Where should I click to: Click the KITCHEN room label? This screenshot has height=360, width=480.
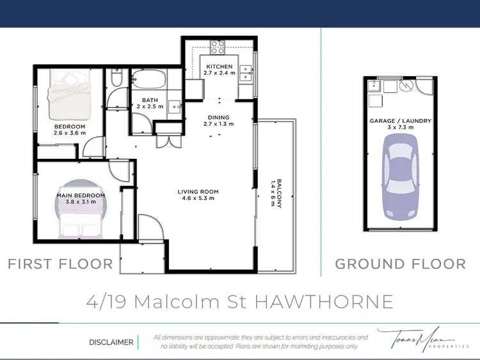pyautogui.click(x=219, y=66)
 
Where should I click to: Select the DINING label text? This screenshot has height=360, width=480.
pyautogui.click(x=218, y=117)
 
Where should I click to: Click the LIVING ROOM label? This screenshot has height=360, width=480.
pyautogui.click(x=198, y=192)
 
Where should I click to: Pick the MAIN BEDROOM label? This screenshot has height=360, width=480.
pyautogui.click(x=80, y=195)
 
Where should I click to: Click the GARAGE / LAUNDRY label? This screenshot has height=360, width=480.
pyautogui.click(x=401, y=120)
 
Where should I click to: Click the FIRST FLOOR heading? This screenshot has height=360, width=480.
pyautogui.click(x=60, y=263)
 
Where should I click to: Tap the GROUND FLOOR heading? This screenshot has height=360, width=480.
pyautogui.click(x=401, y=263)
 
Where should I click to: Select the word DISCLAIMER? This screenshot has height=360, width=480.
pyautogui.click(x=111, y=342)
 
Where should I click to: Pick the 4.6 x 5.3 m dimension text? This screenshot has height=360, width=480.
pyautogui.click(x=198, y=199)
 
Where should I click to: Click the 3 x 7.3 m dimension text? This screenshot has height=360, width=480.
pyautogui.click(x=401, y=127)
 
